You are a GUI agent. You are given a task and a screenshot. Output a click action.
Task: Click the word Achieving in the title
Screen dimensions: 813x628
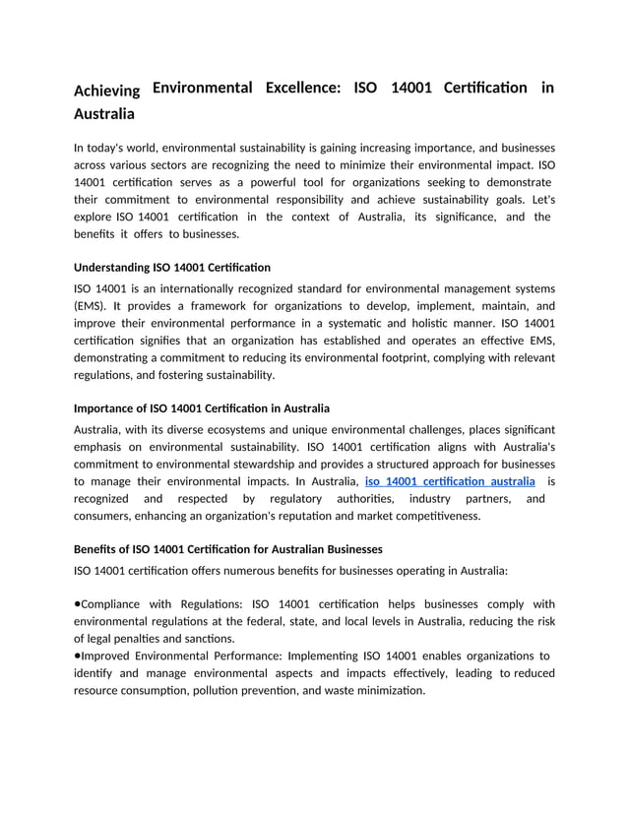tap(107, 92)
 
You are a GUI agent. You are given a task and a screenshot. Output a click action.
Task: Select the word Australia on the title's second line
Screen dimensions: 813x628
tap(105, 114)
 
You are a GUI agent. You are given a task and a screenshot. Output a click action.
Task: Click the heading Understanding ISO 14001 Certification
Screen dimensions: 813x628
tap(172, 267)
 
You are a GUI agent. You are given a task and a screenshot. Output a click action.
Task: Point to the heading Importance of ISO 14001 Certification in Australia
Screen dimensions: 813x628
tap(202, 407)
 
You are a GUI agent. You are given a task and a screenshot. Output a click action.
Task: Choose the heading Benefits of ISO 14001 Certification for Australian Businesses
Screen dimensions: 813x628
tap(228, 548)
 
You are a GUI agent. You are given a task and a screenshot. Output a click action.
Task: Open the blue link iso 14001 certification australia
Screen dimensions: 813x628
tap(450, 481)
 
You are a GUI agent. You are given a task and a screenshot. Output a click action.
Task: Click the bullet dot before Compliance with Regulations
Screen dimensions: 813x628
tap(78, 603)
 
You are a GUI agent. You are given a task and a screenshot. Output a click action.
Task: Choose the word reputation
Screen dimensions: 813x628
tap(346, 515)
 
